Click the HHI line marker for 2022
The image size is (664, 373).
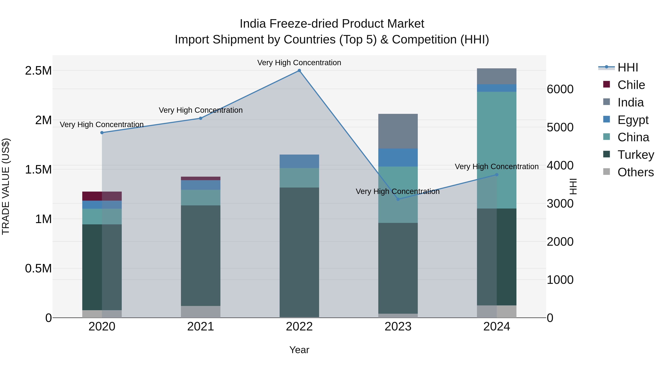pos(299,71)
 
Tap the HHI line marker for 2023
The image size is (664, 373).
pos(398,199)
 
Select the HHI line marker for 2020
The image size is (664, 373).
pos(102,133)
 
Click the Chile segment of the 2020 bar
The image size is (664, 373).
pos(102,196)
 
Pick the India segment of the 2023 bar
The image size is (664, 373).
pos(398,131)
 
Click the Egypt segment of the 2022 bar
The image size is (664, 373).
pos(299,161)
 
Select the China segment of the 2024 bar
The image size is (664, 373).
pos(497,150)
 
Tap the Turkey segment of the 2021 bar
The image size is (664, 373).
pos(200,256)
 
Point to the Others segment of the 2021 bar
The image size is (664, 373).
pos(200,312)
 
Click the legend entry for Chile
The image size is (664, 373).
pos(631,85)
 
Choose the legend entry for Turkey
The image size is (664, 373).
pos(635,155)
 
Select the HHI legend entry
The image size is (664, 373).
pos(627,67)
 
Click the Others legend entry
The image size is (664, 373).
pos(635,172)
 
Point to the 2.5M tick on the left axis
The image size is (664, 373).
pos(38,71)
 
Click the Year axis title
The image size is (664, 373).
pos(299,350)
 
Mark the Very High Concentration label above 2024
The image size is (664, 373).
pos(497,167)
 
